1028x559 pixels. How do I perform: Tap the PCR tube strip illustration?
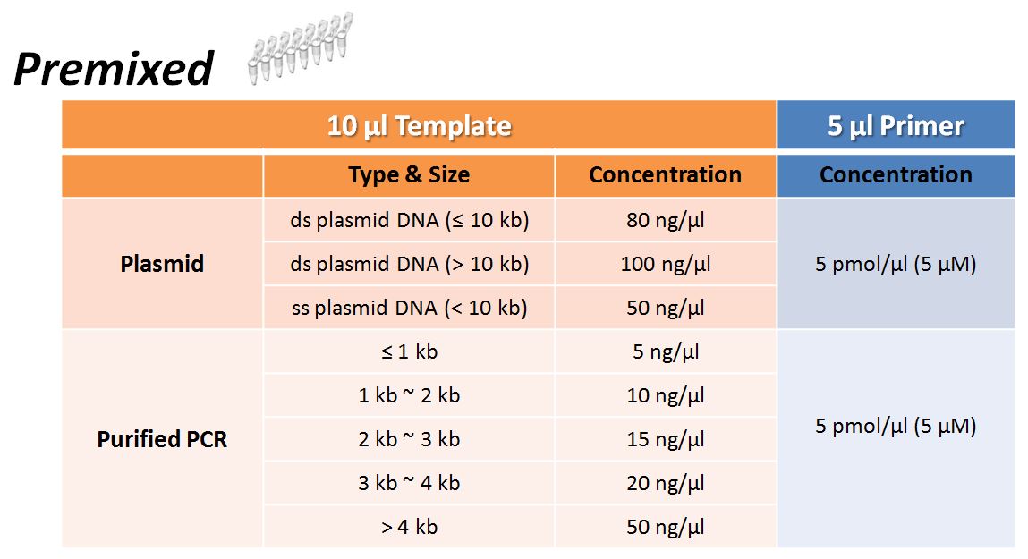pyautogui.click(x=301, y=47)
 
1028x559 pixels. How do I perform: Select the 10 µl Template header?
pyautogui.click(x=419, y=126)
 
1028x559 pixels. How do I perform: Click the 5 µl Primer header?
pyautogui.click(x=896, y=126)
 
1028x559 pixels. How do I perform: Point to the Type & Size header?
pyautogui.click(x=409, y=175)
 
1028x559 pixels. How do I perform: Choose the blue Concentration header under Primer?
pyautogui.click(x=896, y=175)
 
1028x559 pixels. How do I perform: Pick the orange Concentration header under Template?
pyautogui.click(x=666, y=175)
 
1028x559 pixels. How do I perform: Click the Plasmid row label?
pyautogui.click(x=162, y=264)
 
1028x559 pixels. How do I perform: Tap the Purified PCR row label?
pyautogui.click(x=162, y=439)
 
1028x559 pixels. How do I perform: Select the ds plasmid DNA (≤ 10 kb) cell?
pyautogui.click(x=409, y=220)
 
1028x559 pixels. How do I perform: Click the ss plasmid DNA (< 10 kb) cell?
pyautogui.click(x=409, y=308)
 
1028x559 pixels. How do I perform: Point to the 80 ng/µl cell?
pyautogui.click(x=666, y=220)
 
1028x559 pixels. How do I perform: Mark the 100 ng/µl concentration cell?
pyautogui.click(x=666, y=264)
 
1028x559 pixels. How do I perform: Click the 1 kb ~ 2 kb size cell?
pyautogui.click(x=409, y=396)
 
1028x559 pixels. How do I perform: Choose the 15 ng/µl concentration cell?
pyautogui.click(x=666, y=439)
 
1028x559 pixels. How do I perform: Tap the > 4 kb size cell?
pyautogui.click(x=409, y=527)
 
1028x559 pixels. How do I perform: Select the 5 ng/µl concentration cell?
pyautogui.click(x=666, y=351)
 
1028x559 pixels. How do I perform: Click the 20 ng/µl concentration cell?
pyautogui.click(x=666, y=483)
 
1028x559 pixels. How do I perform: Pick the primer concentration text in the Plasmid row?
pyautogui.click(x=896, y=264)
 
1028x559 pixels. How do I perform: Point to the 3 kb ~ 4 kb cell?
pyautogui.click(x=409, y=483)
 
